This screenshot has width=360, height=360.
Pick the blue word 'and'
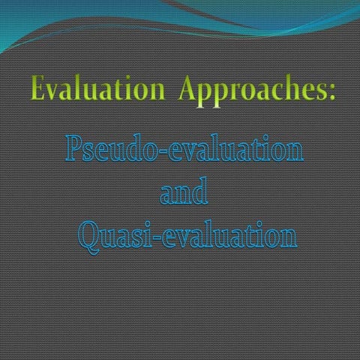coord(184,193)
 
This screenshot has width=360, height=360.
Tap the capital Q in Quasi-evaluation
coord(91,237)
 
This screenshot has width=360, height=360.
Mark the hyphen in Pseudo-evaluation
coord(154,154)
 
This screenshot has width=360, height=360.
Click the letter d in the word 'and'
coord(199,192)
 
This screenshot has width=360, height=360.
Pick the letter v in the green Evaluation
coord(54,94)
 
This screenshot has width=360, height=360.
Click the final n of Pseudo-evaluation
coord(294,153)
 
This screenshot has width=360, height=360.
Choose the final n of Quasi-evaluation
coord(287,239)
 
